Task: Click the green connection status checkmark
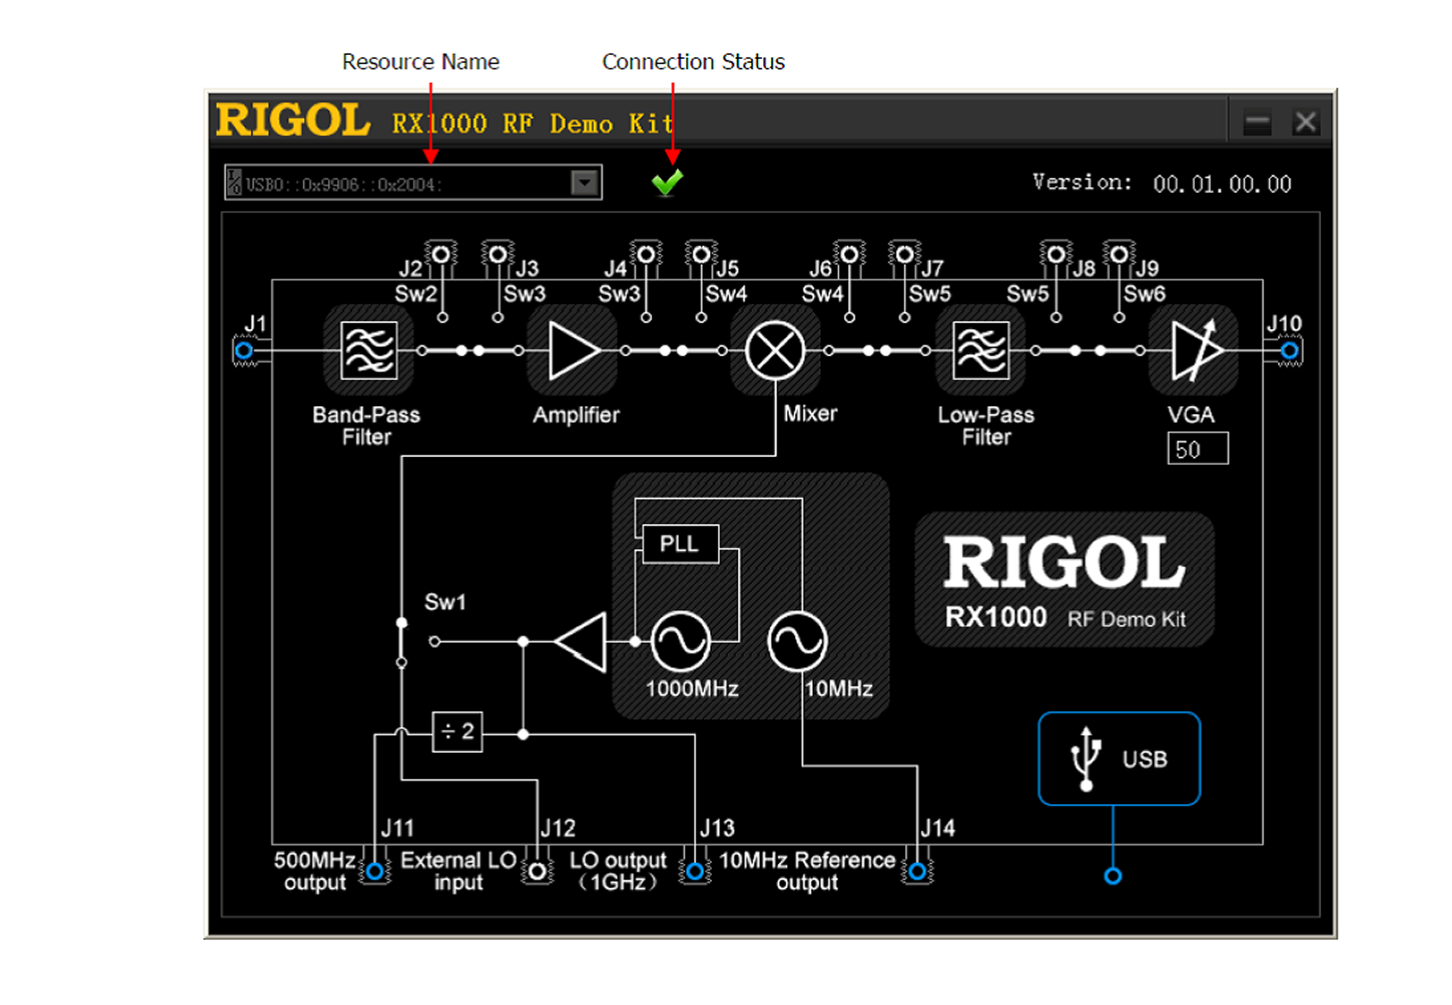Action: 667,182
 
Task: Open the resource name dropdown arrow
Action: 584,183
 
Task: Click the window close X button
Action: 1305,122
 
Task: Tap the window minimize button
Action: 1257,122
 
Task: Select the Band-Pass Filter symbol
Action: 369,350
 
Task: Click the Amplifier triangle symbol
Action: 572,350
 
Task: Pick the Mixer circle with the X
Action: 775,350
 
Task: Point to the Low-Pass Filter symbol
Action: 981,350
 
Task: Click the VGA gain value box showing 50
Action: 1197,449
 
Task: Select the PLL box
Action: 680,543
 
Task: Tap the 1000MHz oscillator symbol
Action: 680,641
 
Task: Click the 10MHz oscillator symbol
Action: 797,641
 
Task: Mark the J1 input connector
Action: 243,350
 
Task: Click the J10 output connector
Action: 1289,350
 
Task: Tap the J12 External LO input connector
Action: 537,872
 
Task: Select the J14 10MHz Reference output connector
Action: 917,872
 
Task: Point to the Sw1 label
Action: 445,602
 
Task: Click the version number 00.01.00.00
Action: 1221,184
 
